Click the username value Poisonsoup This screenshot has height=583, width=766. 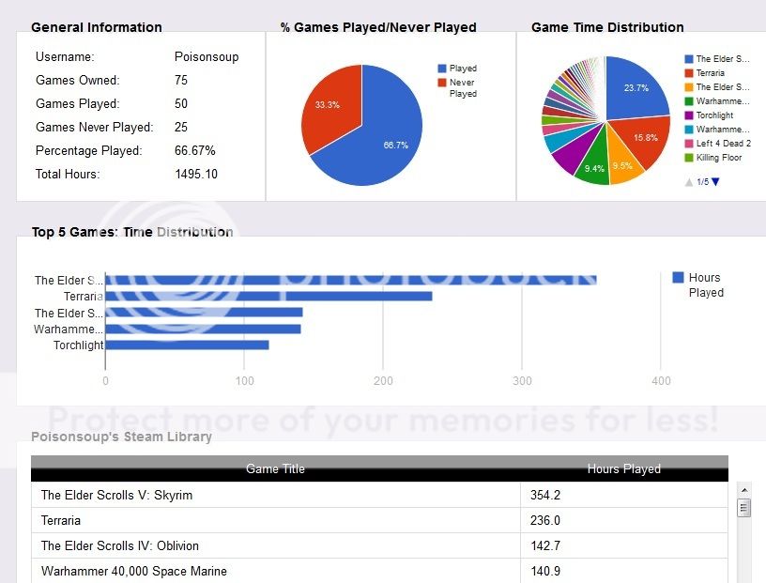tap(207, 57)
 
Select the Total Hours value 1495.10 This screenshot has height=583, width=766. tap(196, 175)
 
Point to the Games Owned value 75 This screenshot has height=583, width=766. tap(181, 81)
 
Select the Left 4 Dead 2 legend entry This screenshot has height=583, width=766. tap(723, 144)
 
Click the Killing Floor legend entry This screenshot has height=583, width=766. tap(718, 158)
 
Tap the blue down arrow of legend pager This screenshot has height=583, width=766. tap(715, 182)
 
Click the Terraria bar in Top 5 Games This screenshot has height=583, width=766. tap(268, 297)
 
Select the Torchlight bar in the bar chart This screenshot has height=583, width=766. tap(187, 345)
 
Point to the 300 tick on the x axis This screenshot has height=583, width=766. tap(522, 381)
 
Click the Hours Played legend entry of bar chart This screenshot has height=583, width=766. tap(704, 284)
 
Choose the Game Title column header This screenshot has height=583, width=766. tap(275, 468)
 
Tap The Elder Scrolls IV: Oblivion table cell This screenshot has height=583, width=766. tap(120, 545)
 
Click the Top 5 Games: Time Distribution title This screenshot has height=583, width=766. tap(132, 232)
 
